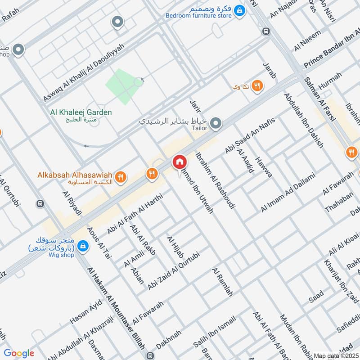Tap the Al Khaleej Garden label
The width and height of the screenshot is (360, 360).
pos(81,112)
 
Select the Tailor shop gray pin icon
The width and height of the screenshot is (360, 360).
pos(216,122)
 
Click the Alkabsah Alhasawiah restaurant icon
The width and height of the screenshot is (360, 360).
pos(120,177)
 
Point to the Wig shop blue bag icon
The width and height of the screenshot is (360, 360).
pos(83,246)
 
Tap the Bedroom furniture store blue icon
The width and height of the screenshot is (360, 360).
pos(240,9)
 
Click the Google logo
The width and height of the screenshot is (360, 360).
pos(19,354)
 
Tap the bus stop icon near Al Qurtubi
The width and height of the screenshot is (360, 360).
pos(41,203)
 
